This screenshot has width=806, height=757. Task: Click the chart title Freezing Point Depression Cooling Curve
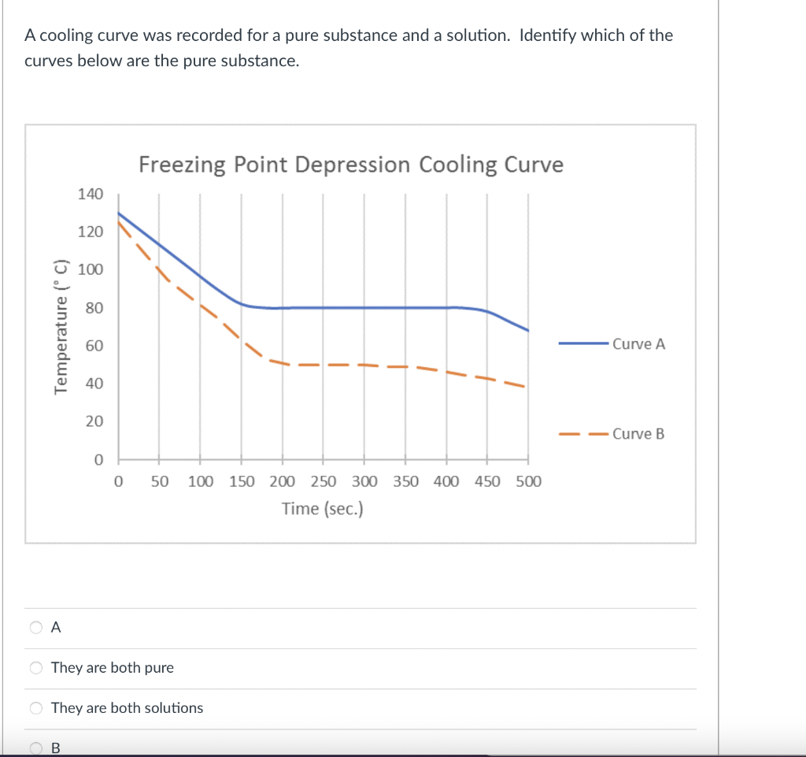[351, 165]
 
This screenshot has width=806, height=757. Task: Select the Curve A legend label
[638, 343]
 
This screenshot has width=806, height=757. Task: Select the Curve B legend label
[638, 433]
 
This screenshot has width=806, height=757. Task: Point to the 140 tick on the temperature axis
[90, 194]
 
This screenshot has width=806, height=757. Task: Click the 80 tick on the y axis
[94, 308]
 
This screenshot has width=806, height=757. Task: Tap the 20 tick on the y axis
[94, 421]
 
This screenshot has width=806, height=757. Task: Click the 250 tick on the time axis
[324, 481]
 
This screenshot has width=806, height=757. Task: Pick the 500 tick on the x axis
[528, 481]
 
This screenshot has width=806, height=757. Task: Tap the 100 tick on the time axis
[201, 481]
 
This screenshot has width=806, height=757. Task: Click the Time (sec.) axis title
[323, 509]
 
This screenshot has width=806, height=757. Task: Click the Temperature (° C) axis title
[59, 325]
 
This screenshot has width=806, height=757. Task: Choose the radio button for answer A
[36, 628]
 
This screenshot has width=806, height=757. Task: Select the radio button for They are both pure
[36, 668]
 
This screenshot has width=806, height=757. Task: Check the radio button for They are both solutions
[36, 708]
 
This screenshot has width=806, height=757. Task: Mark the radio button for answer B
[36, 748]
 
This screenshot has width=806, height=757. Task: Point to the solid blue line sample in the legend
[582, 343]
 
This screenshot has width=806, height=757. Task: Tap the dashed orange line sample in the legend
[582, 433]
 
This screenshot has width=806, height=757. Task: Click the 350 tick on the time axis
[405, 481]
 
